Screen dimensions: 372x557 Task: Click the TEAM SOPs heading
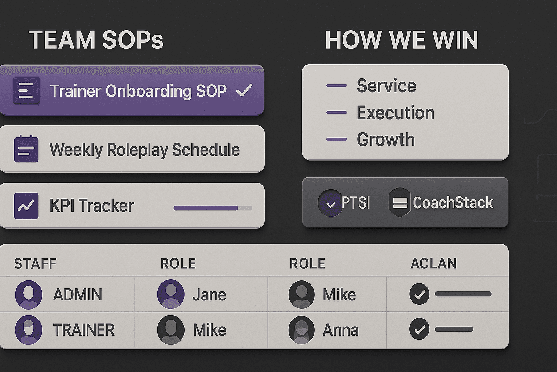[96, 40]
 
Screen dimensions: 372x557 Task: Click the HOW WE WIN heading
[401, 40]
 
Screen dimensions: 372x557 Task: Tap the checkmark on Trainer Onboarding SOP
[244, 90]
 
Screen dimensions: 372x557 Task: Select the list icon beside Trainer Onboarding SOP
[26, 90]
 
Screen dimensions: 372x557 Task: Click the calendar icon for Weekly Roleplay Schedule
[26, 149]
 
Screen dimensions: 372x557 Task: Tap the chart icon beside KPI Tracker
[26, 206]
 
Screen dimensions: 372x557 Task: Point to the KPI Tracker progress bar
[213, 208]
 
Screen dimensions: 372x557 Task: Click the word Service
[386, 86]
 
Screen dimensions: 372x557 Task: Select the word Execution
[395, 113]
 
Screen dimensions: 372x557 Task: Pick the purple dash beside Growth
[337, 139]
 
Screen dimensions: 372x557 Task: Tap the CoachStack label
[453, 203]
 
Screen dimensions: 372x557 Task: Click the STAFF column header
[35, 264]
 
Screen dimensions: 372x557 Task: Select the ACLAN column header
[434, 264]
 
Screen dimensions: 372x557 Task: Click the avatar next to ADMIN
[28, 294]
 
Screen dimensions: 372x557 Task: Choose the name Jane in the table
[209, 295]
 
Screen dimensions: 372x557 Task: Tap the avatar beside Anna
[301, 330]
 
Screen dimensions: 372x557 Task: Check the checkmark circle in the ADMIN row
[420, 294]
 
